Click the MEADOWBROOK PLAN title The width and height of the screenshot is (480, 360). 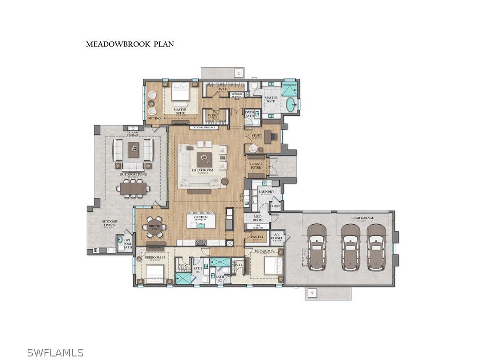coord(130,44)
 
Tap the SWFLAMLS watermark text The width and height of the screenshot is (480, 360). coord(55,352)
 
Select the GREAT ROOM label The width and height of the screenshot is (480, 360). coord(203,170)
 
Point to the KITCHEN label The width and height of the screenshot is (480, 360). coord(200,217)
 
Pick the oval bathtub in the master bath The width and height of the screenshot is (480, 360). coord(290,105)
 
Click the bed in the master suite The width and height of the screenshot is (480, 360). coord(181,94)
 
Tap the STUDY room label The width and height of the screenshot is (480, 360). coord(257,135)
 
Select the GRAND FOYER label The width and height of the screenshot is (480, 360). coord(256,166)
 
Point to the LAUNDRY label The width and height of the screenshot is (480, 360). coord(266,192)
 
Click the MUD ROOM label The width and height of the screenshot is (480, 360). coord(258,218)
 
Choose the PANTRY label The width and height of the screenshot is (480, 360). coord(258,237)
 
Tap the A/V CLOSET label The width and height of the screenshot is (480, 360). coord(277,236)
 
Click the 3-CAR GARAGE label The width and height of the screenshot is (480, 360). coord(362,218)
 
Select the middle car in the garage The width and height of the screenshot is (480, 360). coord(350,247)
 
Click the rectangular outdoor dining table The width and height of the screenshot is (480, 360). coord(133,189)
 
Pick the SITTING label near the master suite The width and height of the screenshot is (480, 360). coord(155,118)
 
